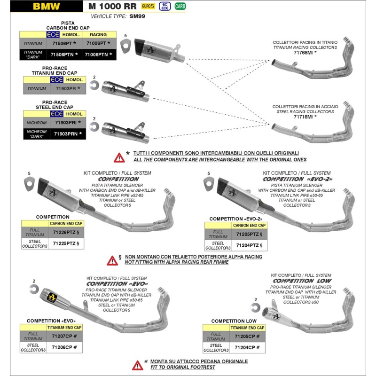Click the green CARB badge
(180, 6)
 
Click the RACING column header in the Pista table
(98, 35)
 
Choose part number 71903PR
(66, 88)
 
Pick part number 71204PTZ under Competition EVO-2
(249, 246)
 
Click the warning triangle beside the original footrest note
(138, 365)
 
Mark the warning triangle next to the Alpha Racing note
(112, 260)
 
